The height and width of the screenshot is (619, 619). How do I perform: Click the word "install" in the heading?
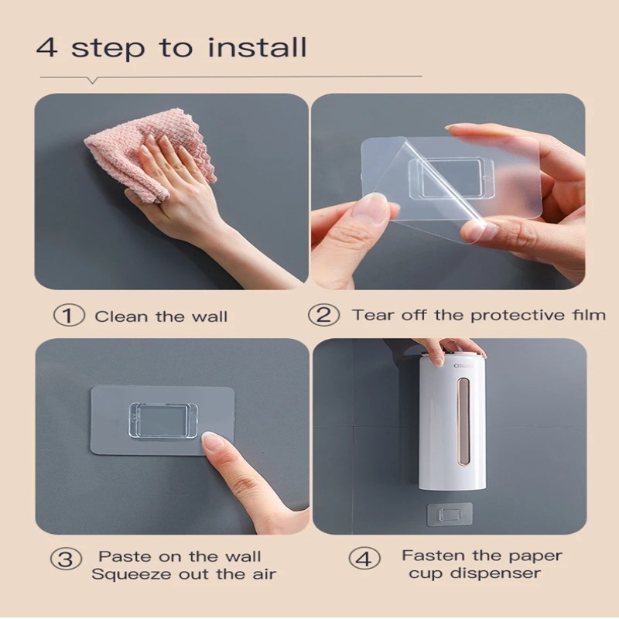pyautogui.click(x=257, y=47)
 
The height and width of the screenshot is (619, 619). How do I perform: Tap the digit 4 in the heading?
pyautogui.click(x=47, y=48)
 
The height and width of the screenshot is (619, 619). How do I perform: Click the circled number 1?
pyautogui.click(x=69, y=316)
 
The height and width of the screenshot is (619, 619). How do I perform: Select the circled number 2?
pyautogui.click(x=323, y=315)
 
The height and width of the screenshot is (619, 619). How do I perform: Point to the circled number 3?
pyautogui.click(x=66, y=559)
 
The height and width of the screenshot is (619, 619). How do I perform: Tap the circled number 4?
pyautogui.click(x=364, y=559)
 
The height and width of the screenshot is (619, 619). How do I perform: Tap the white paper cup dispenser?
pyautogui.click(x=452, y=421)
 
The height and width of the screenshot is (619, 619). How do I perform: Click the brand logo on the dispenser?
pyautogui.click(x=463, y=365)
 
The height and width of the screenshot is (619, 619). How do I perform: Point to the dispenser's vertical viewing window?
pyautogui.click(x=463, y=421)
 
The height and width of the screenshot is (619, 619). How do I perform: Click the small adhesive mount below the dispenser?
pyautogui.click(x=450, y=514)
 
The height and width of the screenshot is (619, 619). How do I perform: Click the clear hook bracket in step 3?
pyautogui.click(x=163, y=421)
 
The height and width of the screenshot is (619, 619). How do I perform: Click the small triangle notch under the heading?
pyautogui.click(x=92, y=80)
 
